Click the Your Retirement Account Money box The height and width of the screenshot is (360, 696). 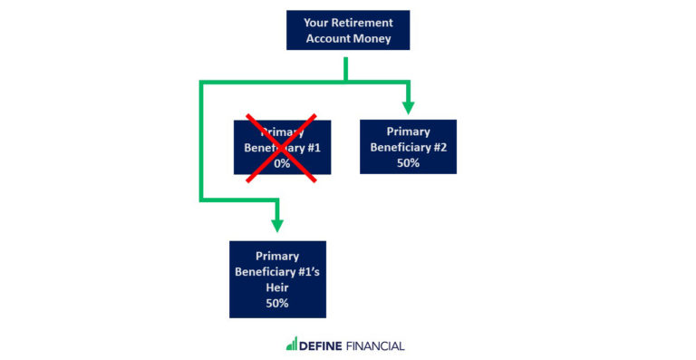(x=348, y=30)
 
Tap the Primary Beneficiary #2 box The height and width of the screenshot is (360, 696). (x=408, y=147)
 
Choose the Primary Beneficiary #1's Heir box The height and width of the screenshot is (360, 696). (x=277, y=279)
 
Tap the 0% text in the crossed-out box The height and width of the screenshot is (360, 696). (x=282, y=164)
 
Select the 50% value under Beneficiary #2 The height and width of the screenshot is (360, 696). (x=408, y=163)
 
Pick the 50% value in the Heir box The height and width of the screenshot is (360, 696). (x=277, y=303)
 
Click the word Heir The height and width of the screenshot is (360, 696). (x=277, y=287)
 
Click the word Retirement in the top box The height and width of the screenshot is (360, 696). (x=361, y=23)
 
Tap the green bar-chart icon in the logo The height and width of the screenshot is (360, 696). (x=291, y=345)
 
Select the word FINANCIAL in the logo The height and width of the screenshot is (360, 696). (x=373, y=345)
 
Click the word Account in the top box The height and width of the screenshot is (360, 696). (x=328, y=39)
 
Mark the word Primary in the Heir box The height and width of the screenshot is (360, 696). (x=277, y=256)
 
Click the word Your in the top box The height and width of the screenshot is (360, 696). (x=316, y=23)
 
